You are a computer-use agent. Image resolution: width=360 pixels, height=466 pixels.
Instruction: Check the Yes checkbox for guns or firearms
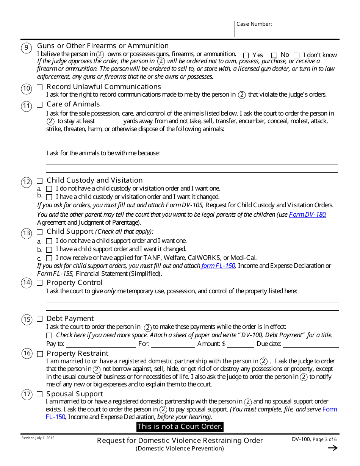(246, 55)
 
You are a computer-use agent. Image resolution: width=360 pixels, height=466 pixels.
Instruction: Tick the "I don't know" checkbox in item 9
(296, 55)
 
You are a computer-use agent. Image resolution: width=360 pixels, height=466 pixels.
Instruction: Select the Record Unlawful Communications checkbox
(40, 88)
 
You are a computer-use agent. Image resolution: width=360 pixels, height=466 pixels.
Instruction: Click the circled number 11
(27, 106)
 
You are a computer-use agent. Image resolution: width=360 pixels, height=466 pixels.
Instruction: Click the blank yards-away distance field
(109, 122)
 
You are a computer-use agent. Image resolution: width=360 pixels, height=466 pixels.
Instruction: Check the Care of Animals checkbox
(40, 105)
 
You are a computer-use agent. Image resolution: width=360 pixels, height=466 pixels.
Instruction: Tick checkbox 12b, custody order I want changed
(49, 197)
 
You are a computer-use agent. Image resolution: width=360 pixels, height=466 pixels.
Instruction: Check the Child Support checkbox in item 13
(40, 232)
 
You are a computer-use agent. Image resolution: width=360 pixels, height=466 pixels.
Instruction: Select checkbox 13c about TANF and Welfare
(49, 258)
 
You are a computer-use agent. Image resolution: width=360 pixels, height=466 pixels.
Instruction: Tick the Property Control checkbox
(40, 283)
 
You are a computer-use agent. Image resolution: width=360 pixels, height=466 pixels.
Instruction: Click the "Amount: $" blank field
(241, 344)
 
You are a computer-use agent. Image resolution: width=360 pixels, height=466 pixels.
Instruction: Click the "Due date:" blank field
(311, 344)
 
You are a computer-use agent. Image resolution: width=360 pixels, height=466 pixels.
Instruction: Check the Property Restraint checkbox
(40, 354)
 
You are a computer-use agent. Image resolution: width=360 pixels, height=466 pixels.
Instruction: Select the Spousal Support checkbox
(40, 395)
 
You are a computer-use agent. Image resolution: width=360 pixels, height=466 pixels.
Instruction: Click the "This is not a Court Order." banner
(180, 427)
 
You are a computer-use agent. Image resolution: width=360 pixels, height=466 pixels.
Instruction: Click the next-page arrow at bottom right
(332, 448)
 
